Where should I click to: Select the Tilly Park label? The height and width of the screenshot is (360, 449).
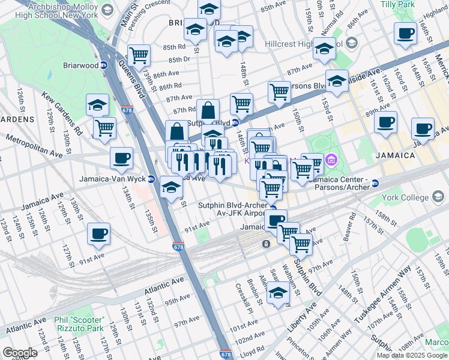[414, 4]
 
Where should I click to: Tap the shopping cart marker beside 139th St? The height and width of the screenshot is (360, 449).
[139, 56]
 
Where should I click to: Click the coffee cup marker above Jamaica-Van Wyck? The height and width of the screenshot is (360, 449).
[122, 158]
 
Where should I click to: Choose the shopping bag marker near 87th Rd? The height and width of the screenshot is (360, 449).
[208, 110]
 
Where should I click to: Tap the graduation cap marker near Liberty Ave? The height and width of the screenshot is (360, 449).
[277, 294]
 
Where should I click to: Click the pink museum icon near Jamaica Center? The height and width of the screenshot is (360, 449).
[332, 160]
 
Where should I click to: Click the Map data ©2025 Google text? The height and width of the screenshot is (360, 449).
[411, 355]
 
